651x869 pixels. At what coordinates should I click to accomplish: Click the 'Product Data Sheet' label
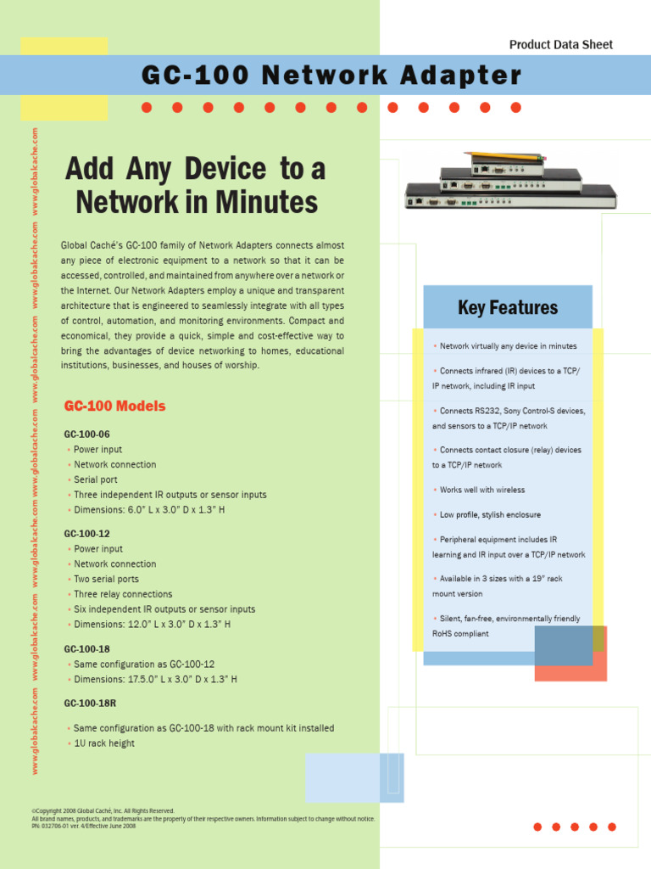coord(560,45)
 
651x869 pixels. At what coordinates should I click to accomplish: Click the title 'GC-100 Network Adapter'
coord(331,76)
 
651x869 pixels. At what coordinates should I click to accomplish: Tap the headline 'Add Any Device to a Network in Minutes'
coord(196,186)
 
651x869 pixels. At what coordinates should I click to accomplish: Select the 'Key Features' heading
coord(508,307)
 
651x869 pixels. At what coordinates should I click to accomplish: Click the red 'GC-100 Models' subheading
coord(114,406)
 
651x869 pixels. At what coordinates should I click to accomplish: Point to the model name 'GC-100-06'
coord(86,434)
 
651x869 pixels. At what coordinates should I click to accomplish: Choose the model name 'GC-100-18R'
coord(90,704)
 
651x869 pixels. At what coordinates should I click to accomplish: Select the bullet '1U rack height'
coord(103,743)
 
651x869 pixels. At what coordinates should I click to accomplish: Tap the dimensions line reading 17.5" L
coord(154,679)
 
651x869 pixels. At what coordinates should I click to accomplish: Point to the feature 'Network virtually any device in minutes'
coord(508,346)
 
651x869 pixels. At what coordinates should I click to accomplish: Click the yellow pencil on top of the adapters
coord(505,155)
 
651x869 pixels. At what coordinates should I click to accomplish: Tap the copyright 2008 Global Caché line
coord(103,810)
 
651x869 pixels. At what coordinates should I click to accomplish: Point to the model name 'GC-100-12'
coord(86,534)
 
